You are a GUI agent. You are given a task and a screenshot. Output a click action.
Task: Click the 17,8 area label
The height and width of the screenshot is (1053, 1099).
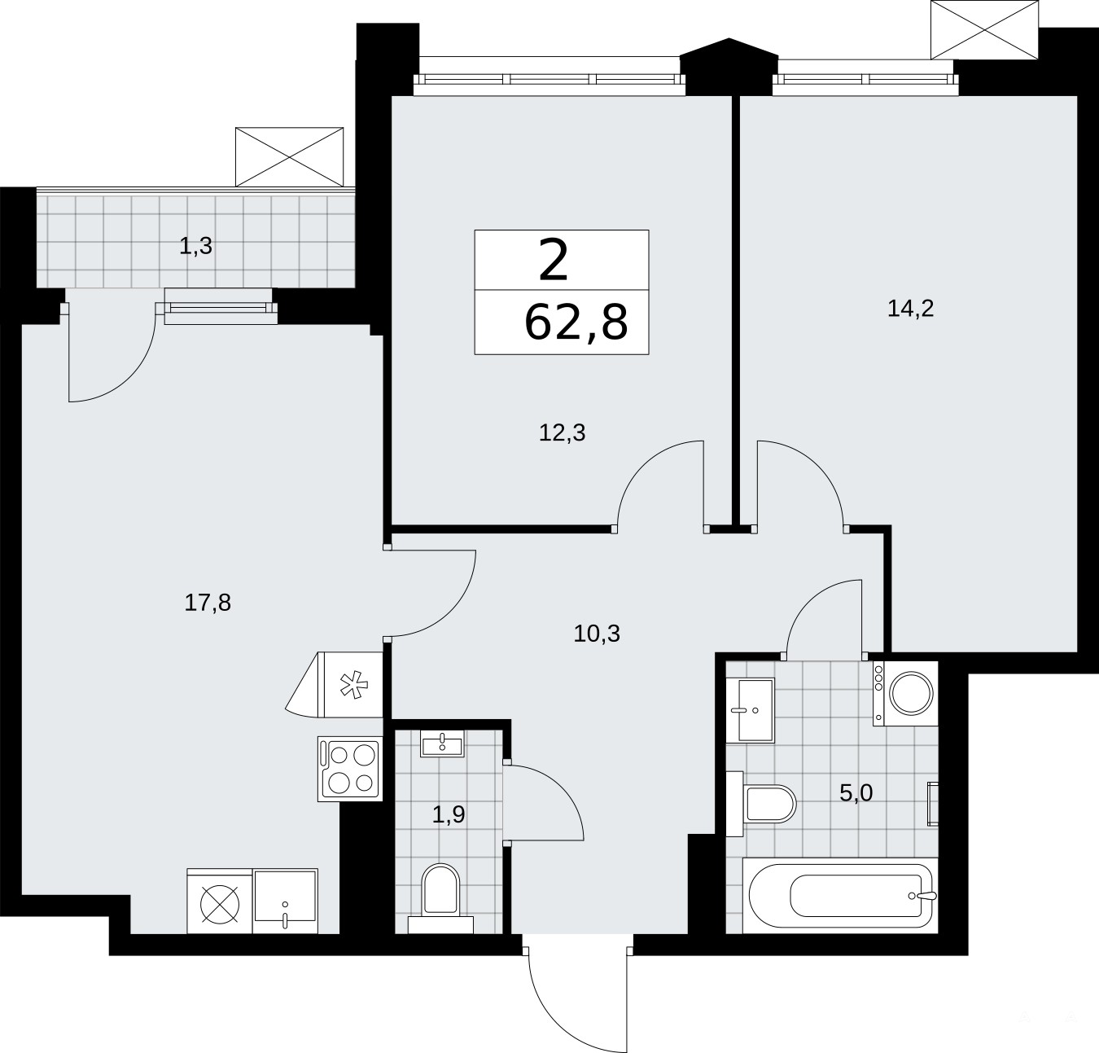click(x=208, y=603)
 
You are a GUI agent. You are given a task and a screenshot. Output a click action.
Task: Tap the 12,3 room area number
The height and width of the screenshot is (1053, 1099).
click(x=562, y=432)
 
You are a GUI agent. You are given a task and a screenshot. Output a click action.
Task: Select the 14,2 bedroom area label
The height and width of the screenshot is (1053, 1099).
click(x=910, y=309)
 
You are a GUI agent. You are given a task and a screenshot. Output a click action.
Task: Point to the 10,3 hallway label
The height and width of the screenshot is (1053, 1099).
click(x=597, y=634)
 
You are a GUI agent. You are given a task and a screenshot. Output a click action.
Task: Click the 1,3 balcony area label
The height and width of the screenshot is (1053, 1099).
click(x=195, y=246)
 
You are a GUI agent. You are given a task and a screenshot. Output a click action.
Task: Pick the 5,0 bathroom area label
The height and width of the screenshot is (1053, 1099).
click(x=856, y=793)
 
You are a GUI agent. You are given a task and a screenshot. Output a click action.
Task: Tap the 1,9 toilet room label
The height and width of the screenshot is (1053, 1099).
click(x=449, y=814)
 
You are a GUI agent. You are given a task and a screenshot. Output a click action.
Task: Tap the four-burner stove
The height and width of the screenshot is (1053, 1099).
click(x=350, y=768)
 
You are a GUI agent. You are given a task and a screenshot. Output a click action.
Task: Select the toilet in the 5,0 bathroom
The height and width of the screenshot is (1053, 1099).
click(x=762, y=804)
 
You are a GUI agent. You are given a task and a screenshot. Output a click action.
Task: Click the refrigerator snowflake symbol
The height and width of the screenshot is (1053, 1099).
click(x=353, y=685)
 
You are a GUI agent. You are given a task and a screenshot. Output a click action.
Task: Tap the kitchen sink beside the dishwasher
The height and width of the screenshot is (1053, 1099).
click(x=285, y=901)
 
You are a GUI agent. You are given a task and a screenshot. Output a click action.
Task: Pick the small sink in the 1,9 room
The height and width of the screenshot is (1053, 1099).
click(x=441, y=743)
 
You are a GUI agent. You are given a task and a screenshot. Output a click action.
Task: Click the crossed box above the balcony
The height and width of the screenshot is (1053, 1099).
click(x=289, y=157)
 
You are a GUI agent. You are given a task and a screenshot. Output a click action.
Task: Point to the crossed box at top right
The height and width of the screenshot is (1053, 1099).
click(x=984, y=29)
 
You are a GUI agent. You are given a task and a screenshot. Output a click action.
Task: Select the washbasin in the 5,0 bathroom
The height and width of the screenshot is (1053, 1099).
click(x=750, y=711)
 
